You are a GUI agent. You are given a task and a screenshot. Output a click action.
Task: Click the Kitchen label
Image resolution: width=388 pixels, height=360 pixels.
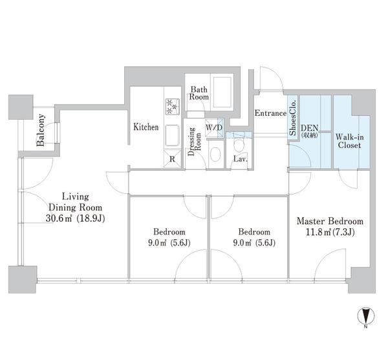(145, 127)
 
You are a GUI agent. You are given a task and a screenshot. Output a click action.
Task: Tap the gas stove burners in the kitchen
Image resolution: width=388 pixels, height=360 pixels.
(173, 107)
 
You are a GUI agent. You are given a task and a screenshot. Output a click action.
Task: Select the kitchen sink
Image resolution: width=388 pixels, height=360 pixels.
(172, 136)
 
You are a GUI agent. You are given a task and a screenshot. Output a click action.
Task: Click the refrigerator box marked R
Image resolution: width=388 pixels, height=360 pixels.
(173, 159)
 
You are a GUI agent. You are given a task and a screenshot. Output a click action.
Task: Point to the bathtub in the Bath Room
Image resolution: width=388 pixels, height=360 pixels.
(222, 92)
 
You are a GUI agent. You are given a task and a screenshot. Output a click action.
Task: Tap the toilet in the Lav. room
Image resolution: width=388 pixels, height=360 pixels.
(239, 145)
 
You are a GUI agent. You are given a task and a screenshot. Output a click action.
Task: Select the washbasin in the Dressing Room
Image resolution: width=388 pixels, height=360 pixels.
(215, 154)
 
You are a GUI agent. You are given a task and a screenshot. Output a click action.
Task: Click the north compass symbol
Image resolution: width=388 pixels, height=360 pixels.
(366, 316)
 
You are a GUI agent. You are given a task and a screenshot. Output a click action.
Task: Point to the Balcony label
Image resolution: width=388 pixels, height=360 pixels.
(40, 130)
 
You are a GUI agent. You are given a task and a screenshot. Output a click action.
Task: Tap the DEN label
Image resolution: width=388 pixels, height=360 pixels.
(309, 128)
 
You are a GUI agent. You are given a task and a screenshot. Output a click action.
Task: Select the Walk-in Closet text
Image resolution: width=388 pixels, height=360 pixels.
(349, 141)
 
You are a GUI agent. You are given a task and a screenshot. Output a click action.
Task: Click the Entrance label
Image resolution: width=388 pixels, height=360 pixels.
(270, 113)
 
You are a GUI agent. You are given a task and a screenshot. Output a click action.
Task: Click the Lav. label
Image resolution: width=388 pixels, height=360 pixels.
(241, 159)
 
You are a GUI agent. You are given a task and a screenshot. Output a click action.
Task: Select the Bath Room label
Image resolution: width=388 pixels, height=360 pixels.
(199, 93)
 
